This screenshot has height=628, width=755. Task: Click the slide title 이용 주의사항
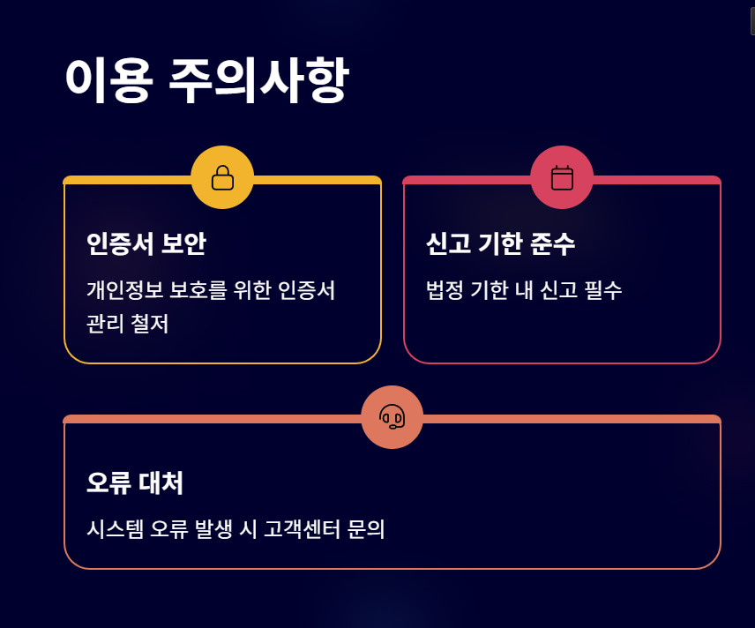tap(206, 81)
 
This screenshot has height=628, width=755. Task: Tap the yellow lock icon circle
tap(222, 177)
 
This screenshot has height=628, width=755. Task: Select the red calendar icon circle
tap(562, 177)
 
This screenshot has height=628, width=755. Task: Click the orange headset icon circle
tap(392, 417)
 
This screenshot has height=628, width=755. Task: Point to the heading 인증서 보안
tap(146, 243)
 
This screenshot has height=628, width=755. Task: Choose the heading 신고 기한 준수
tap(500, 243)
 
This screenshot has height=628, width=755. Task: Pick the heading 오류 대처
tap(135, 483)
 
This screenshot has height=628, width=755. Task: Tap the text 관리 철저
tap(128, 324)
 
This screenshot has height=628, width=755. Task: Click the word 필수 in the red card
tap(602, 289)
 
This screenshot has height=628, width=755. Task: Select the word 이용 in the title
tap(108, 81)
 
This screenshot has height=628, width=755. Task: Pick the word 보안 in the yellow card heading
tap(183, 243)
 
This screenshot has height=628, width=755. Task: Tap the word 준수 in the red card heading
tap(553, 243)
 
